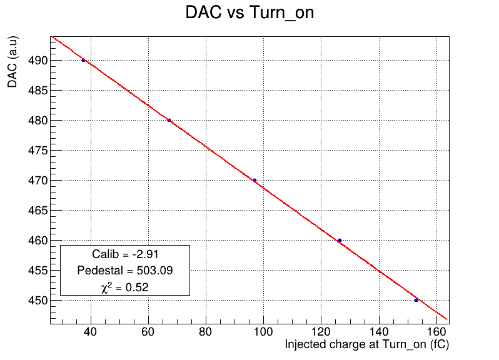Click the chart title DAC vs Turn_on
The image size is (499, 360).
[x=249, y=12]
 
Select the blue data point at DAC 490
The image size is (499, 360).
[x=83, y=60]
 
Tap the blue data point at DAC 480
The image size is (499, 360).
[x=169, y=120]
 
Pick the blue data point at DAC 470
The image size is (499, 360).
[x=255, y=181]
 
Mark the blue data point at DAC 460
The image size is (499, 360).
[x=340, y=241]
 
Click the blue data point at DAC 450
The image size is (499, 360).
[x=416, y=300]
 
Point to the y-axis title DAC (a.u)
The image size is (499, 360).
[x=13, y=62]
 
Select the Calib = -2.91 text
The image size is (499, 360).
[x=125, y=254]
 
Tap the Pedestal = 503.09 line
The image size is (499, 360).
[x=125, y=271]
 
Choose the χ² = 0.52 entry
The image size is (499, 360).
[x=125, y=287]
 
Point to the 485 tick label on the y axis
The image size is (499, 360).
[x=38, y=91]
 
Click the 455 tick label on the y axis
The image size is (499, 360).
[x=38, y=271]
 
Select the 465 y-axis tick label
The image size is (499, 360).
[x=38, y=211]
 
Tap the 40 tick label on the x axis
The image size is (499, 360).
[x=91, y=332]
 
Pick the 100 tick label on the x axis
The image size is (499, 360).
[x=263, y=332]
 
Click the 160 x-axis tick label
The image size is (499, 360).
[x=436, y=332]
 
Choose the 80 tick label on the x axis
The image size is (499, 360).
[x=206, y=332]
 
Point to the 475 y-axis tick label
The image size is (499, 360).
[x=38, y=151]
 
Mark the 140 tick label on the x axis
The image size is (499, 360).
[x=379, y=332]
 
